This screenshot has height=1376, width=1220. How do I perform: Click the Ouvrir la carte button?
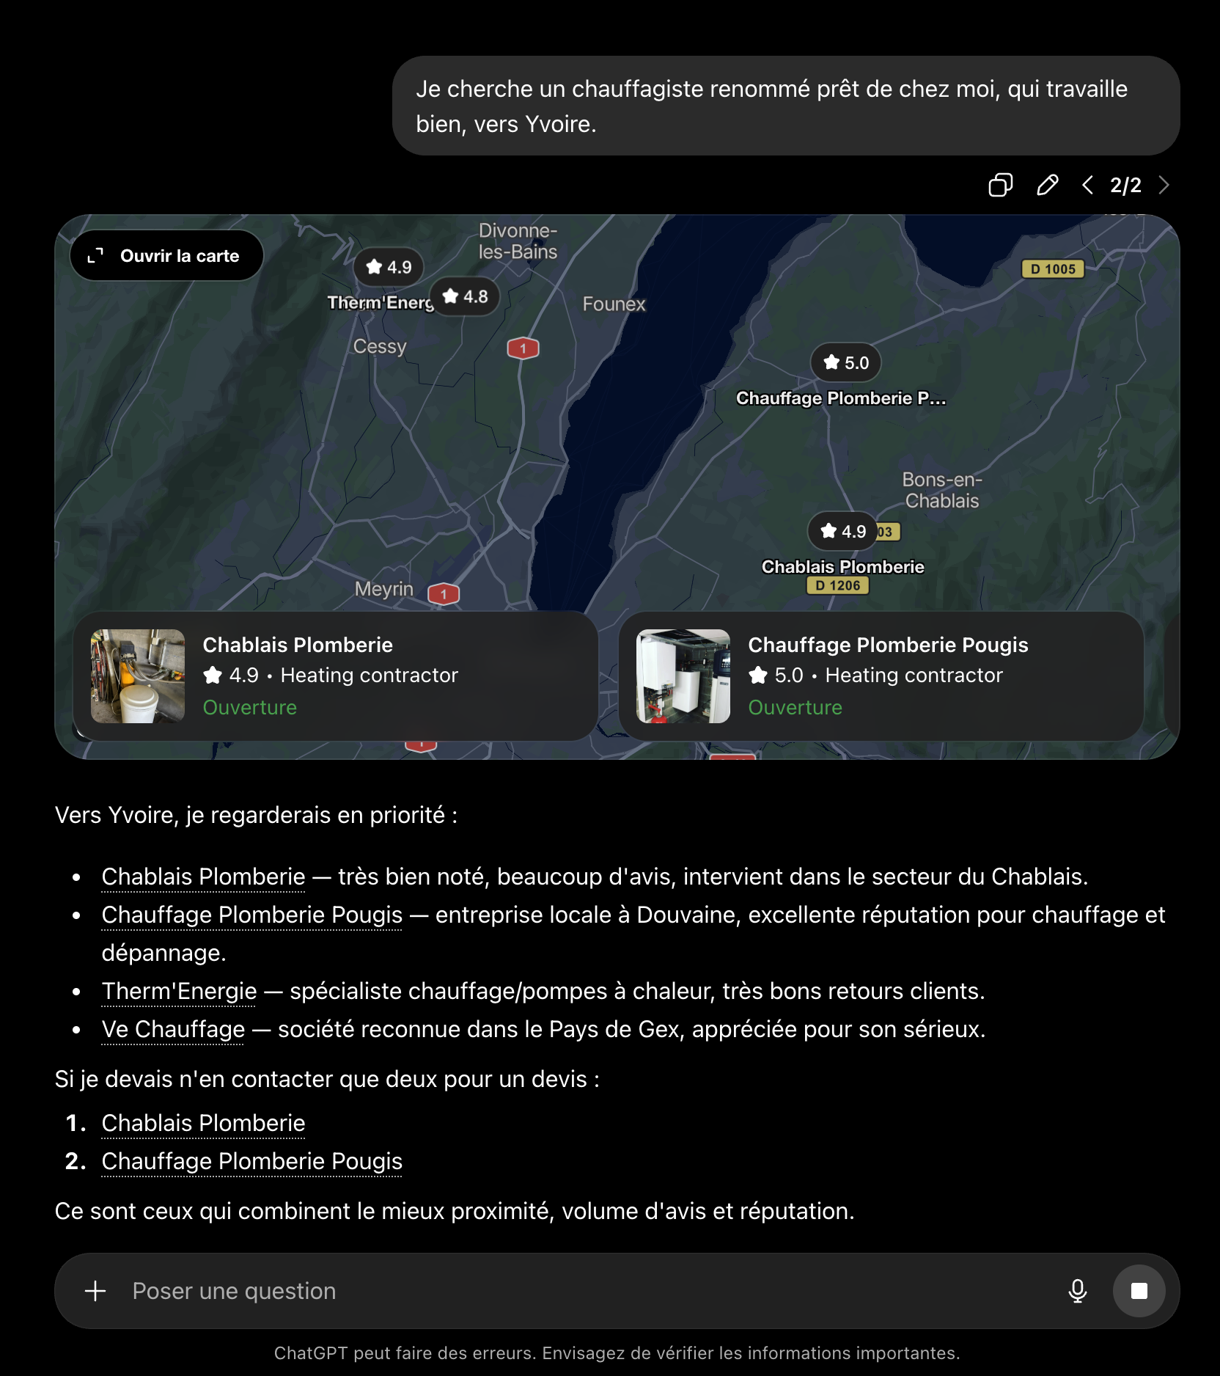click(166, 255)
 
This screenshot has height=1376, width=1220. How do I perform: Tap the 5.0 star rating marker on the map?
click(845, 362)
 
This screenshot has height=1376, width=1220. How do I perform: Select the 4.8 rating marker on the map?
click(465, 296)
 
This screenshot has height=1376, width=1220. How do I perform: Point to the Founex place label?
click(614, 304)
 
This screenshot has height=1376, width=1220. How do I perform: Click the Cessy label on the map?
click(380, 346)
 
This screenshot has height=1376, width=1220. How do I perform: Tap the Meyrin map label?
click(384, 589)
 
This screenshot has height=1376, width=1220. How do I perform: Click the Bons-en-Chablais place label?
click(942, 490)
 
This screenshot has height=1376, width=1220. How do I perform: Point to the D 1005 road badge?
click(1053, 268)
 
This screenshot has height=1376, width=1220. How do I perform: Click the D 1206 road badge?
click(837, 585)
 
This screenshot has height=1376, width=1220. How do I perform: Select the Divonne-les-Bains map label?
click(518, 241)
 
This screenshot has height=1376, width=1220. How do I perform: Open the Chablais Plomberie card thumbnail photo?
click(138, 676)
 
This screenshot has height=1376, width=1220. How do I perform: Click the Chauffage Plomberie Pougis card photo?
click(683, 676)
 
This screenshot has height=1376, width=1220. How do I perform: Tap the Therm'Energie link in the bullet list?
click(180, 991)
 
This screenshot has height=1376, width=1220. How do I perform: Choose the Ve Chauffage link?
click(173, 1029)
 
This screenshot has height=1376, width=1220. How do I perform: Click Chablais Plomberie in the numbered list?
click(203, 1123)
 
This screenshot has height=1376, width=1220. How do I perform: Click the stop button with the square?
click(1139, 1291)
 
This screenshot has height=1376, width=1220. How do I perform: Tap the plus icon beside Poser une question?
click(95, 1291)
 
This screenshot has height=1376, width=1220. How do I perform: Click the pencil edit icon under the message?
click(1047, 185)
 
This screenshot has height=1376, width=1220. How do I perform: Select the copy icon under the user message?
click(1000, 185)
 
